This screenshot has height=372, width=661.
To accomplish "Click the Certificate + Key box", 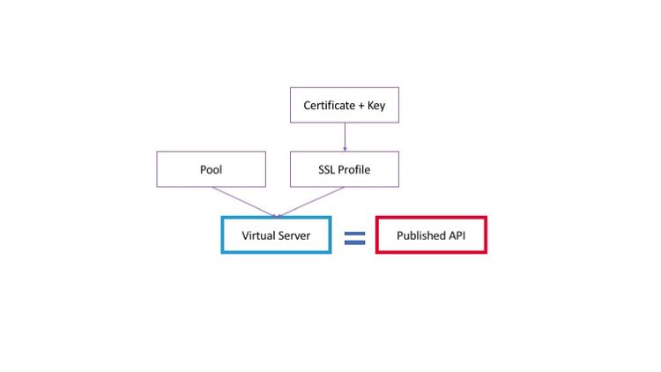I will (x=345, y=105).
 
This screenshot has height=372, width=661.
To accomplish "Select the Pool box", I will (x=211, y=169).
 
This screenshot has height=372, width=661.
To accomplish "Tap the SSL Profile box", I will (x=345, y=169).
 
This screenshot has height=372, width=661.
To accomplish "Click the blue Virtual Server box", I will (x=276, y=235).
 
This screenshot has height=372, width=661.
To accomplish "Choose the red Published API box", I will (x=431, y=235).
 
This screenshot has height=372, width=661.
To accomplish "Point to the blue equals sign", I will (x=354, y=237).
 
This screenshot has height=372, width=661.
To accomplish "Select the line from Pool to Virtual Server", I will (x=243, y=200).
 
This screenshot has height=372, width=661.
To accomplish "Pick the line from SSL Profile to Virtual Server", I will (x=311, y=200).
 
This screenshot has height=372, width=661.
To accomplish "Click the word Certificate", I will (x=329, y=106).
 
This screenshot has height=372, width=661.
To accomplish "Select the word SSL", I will (x=327, y=170).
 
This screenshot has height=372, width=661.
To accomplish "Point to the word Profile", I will (x=354, y=170).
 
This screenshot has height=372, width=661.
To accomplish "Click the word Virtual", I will (x=259, y=236).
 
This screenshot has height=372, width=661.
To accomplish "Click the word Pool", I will (x=211, y=170).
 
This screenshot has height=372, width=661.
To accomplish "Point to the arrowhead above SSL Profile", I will (x=345, y=148).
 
